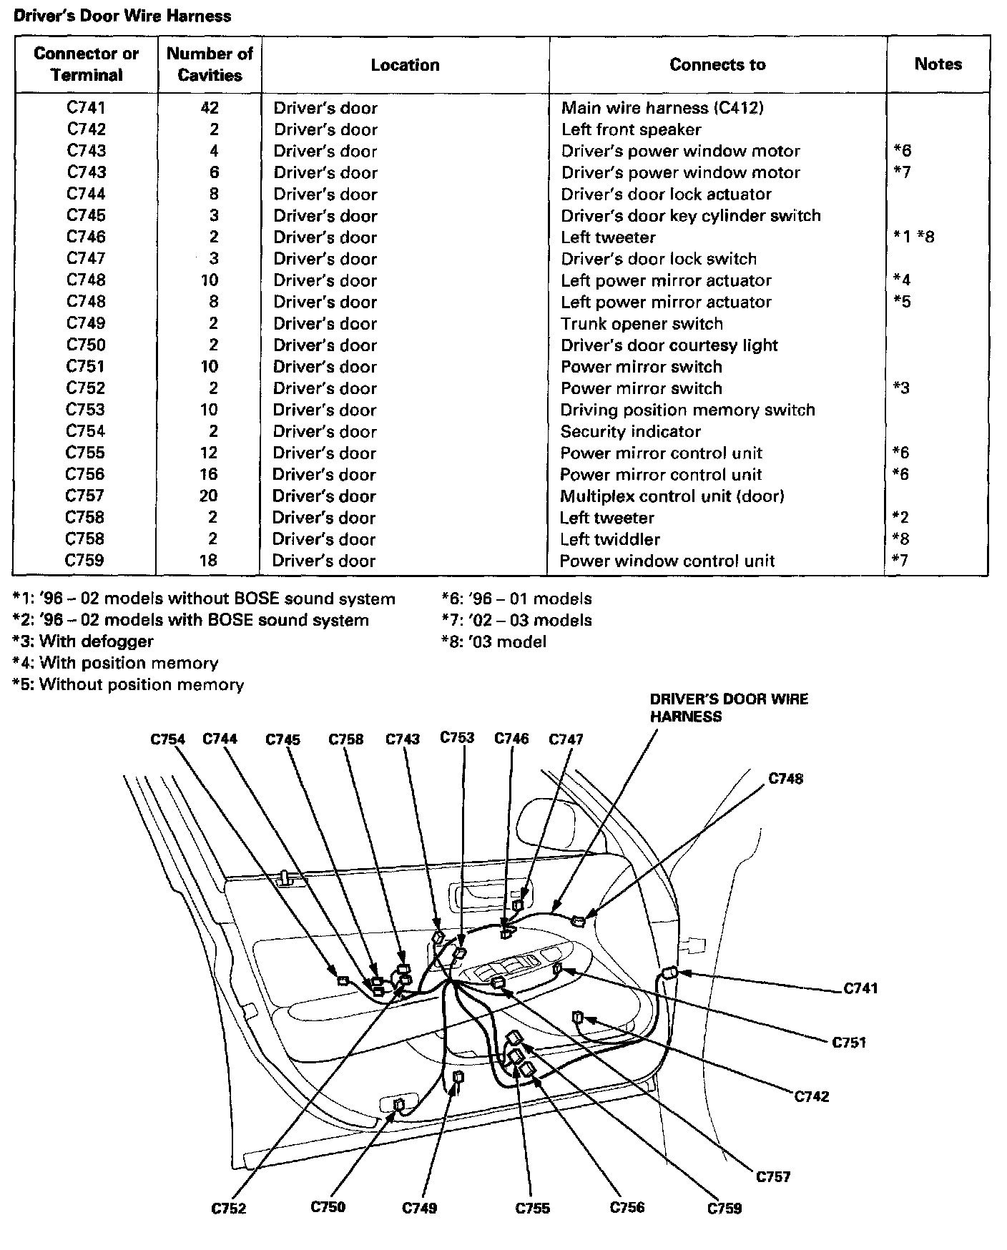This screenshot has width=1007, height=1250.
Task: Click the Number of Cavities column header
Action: coord(210,64)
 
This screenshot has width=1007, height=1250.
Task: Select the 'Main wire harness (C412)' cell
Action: coord(662,108)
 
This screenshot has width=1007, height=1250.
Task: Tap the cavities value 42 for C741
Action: coord(210,108)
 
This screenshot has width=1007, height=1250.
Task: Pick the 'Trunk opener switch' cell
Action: coord(642,324)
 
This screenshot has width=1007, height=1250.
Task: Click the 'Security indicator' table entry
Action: coord(630,432)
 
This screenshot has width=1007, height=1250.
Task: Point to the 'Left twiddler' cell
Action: coord(609,539)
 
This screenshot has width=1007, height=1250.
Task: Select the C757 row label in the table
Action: coord(85,496)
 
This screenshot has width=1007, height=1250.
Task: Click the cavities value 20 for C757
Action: coord(209,496)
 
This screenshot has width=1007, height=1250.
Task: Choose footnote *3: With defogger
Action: coord(83,641)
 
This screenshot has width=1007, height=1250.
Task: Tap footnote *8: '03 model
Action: coord(494,642)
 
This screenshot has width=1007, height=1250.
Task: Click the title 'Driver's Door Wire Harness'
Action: coord(122,16)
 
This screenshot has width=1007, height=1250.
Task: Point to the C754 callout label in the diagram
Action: coord(167,739)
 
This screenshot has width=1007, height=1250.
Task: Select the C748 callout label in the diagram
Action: coord(785,779)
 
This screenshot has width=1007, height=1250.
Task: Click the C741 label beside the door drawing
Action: coord(860,989)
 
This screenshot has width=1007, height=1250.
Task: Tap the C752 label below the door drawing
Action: coord(229,1209)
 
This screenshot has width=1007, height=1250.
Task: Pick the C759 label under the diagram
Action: coord(724,1209)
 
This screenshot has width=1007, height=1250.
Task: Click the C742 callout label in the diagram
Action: coord(812,1096)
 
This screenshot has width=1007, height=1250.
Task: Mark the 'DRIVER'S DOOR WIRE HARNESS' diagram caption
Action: coord(729,708)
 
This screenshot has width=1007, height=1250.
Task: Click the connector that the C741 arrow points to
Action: coord(670,973)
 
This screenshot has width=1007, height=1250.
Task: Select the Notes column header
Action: coord(938,64)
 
